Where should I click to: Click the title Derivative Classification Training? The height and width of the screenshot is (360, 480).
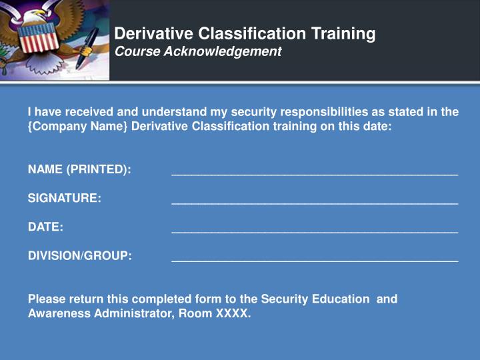(245, 33)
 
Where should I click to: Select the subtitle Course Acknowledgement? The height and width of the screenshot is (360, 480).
(198, 51)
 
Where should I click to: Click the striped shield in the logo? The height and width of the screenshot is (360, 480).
(38, 39)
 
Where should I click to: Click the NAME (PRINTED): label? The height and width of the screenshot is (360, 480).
(79, 169)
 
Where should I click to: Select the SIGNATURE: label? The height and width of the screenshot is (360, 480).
(65, 198)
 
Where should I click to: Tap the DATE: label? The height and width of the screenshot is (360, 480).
(45, 227)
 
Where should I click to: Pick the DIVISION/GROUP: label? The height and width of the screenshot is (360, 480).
(80, 255)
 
